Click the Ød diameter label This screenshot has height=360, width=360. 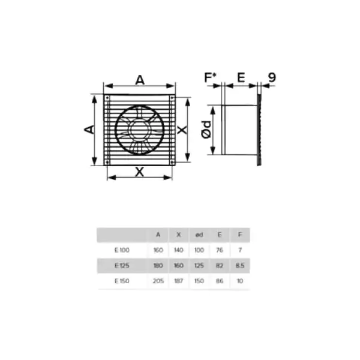point(206,130)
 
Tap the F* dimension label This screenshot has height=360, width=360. point(210,77)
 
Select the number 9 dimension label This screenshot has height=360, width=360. point(272,77)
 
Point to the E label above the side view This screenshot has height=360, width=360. point(241,77)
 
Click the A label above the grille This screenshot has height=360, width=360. point(140,80)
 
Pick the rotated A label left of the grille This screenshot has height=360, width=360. point(89,130)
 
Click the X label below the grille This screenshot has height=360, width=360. point(140,172)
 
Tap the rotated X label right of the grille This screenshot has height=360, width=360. point(182,130)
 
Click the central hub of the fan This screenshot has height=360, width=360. point(139,130)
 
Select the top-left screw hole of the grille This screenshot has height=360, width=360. point(107,98)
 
